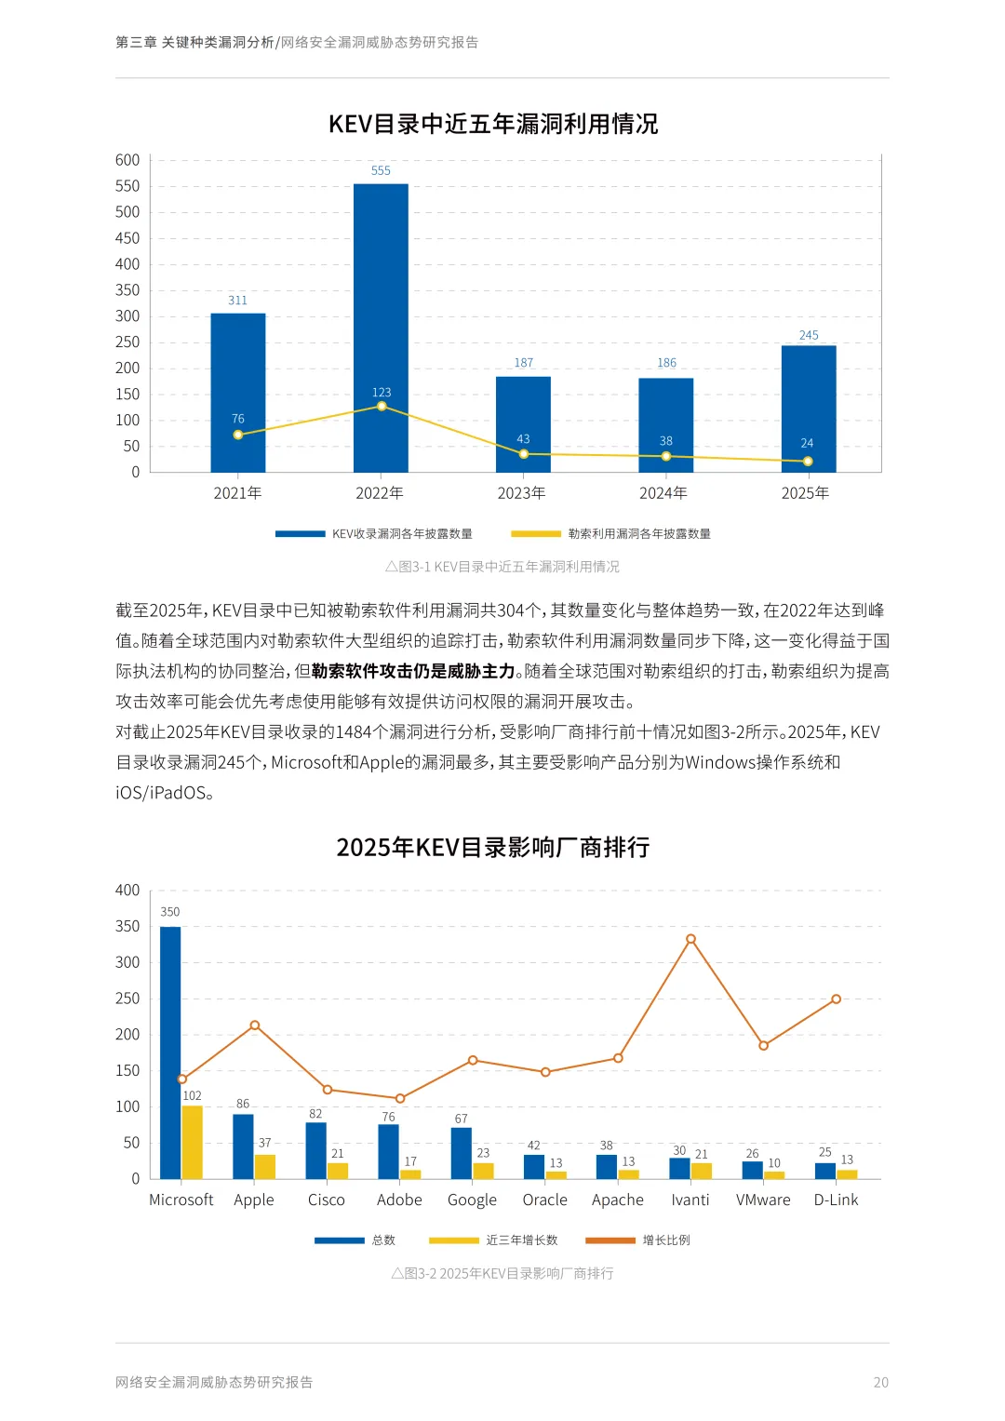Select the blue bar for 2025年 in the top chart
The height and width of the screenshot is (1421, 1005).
(x=809, y=409)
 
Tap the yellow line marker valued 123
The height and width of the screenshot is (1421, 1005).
(x=382, y=407)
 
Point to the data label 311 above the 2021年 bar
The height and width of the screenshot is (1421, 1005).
(x=238, y=301)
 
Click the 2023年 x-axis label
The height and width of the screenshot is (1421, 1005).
(x=521, y=493)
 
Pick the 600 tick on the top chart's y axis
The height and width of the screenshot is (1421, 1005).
(x=127, y=160)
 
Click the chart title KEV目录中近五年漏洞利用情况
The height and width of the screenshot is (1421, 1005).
(x=493, y=124)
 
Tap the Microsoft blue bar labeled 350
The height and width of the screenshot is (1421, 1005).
(x=170, y=1052)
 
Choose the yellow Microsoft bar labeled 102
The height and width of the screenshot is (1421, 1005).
(x=193, y=1142)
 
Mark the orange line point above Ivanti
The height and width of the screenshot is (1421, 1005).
(x=690, y=939)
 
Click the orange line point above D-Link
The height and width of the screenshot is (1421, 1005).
(x=836, y=999)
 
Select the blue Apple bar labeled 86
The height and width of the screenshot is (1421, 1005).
(x=243, y=1146)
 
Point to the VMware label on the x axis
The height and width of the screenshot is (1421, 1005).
(x=763, y=1200)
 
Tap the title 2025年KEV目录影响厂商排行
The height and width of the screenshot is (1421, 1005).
(x=493, y=848)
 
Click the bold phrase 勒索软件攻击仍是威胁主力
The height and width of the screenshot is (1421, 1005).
(x=413, y=671)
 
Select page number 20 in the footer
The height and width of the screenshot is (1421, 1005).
(x=880, y=1383)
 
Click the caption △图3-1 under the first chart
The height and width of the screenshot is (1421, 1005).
(x=502, y=567)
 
